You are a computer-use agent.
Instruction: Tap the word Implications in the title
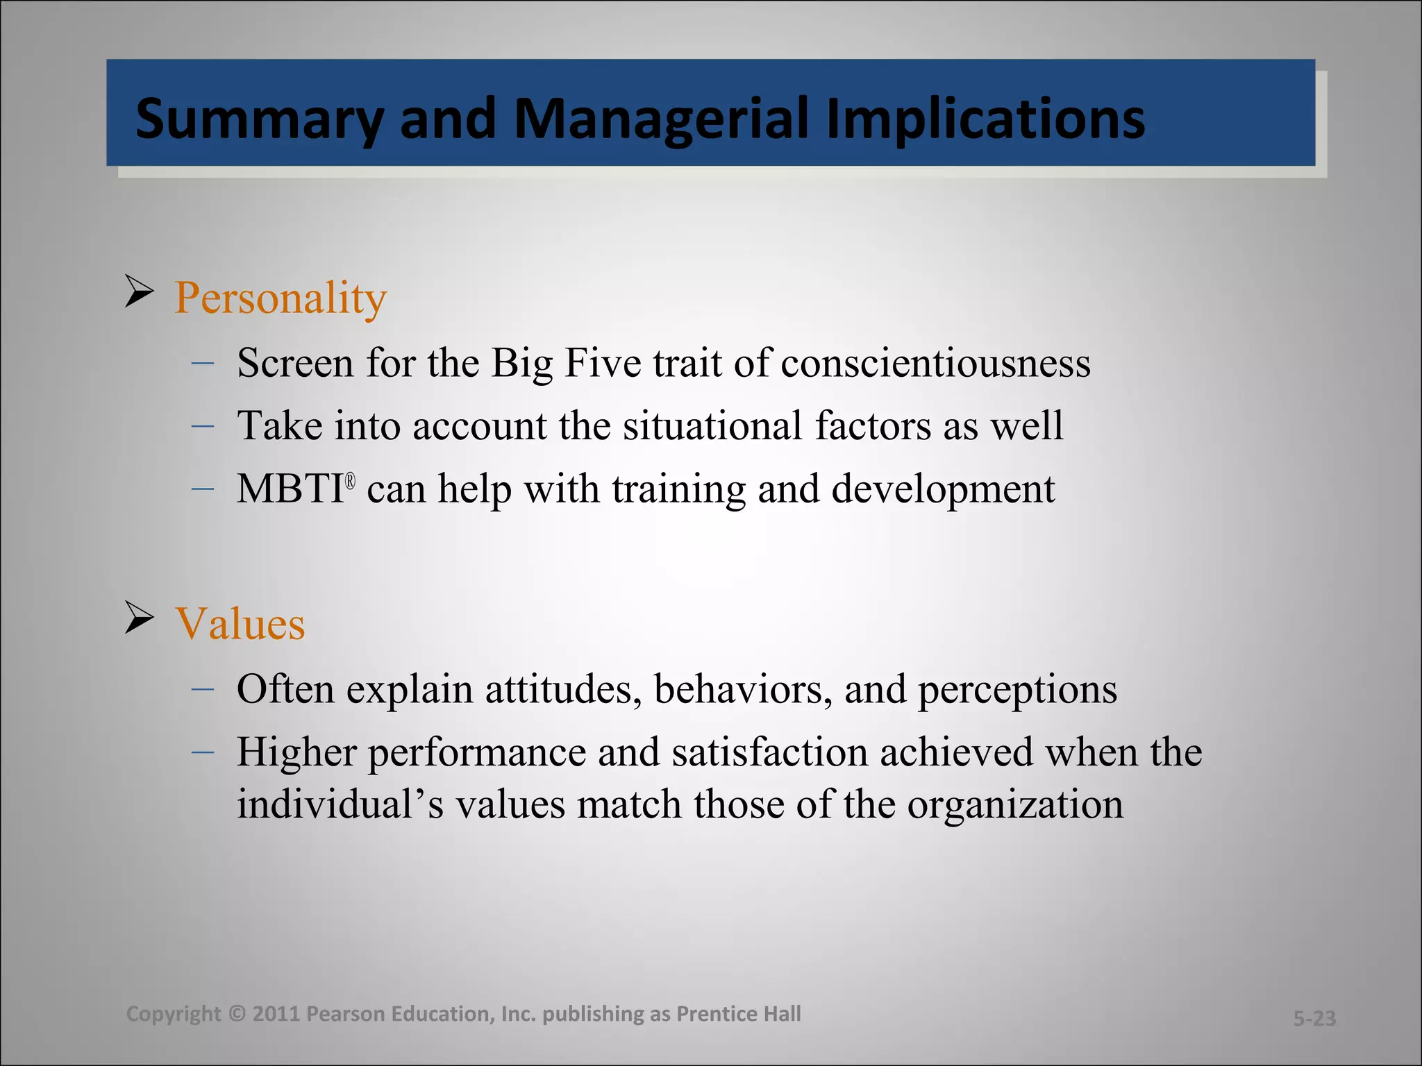tap(985, 119)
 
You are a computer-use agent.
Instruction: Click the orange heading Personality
tap(280, 298)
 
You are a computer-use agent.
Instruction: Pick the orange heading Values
tap(240, 623)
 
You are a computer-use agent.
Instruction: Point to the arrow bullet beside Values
tap(139, 617)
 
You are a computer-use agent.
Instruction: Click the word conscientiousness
tap(935, 363)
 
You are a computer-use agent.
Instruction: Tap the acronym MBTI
tap(290, 489)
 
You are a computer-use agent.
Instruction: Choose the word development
tap(943, 489)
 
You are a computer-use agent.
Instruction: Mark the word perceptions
tap(1017, 690)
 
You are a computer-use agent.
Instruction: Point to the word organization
tap(1015, 805)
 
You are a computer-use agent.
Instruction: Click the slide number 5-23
tap(1314, 1018)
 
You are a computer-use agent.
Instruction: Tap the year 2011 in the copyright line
tap(276, 1014)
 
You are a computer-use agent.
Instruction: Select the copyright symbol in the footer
tap(237, 1014)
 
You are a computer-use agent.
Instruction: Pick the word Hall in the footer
tap(782, 1014)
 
